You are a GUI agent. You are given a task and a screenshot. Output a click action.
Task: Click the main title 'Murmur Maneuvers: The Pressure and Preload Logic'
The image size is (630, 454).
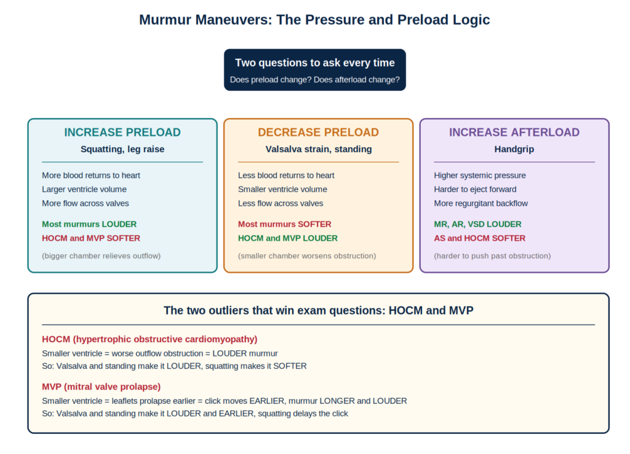[x=314, y=20]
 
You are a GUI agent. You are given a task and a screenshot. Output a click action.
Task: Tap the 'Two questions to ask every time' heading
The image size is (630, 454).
[x=315, y=63]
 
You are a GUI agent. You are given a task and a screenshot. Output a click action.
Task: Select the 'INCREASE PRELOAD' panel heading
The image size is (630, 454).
[x=122, y=132]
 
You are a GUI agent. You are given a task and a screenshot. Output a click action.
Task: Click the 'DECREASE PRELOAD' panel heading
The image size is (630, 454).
[x=318, y=132]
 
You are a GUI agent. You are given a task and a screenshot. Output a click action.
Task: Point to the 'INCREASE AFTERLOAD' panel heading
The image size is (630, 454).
[x=514, y=132]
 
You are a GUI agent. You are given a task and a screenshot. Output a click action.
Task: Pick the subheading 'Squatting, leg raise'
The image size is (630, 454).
[x=122, y=149]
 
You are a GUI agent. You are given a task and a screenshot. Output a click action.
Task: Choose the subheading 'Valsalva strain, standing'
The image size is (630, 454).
[x=319, y=149]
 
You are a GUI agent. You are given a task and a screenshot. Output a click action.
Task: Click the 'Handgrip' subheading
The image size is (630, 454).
[x=514, y=149]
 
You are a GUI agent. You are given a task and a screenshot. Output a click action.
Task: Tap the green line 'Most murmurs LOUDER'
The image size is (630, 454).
[x=89, y=224]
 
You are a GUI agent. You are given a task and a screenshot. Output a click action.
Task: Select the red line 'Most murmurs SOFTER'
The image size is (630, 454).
[x=284, y=224]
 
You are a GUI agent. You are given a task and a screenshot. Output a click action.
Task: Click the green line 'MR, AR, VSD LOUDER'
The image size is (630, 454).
[x=477, y=224]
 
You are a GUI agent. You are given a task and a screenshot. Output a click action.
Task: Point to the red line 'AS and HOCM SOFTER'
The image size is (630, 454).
[x=480, y=238]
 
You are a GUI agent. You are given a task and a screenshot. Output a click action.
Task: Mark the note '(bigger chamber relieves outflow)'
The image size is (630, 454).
[x=102, y=256]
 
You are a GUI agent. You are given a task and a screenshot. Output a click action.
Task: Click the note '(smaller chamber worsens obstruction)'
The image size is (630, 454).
[x=307, y=256]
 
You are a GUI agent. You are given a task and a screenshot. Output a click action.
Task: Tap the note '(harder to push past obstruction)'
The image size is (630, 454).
[x=492, y=256]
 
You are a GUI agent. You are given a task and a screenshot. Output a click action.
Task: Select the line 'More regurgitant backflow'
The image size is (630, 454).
[x=481, y=203]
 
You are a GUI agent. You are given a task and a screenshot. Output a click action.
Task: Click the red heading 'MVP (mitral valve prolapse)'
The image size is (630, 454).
[x=102, y=386]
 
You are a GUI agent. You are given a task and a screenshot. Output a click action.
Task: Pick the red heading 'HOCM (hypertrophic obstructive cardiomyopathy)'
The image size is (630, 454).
[x=150, y=339]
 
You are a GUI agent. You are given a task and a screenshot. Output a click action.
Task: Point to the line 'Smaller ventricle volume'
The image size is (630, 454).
[x=282, y=189]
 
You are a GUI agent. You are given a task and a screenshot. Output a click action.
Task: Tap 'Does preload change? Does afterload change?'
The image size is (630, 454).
[x=315, y=80]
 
